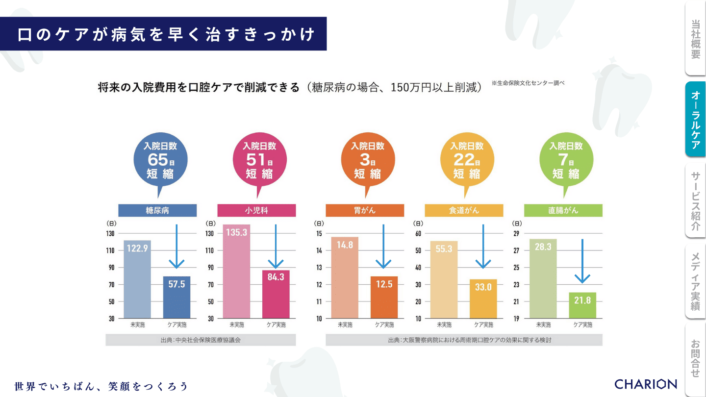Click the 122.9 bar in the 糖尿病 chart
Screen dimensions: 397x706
point(137,279)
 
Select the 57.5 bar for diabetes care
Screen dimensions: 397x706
point(176,297)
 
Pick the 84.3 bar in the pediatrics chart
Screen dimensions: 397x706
point(276,294)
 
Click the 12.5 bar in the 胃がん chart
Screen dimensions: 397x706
point(384,297)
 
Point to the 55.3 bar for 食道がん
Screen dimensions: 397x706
point(444,279)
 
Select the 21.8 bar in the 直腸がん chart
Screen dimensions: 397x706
point(582,305)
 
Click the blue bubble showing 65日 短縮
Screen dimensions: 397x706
point(160,160)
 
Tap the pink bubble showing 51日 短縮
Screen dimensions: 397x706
point(259,160)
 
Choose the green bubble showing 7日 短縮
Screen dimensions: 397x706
point(566,160)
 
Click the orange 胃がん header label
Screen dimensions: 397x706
point(365,210)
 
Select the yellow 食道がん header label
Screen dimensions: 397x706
point(464,210)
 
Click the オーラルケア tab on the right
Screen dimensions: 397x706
point(695,119)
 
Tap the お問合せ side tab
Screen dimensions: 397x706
point(695,358)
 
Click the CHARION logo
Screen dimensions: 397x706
point(646,384)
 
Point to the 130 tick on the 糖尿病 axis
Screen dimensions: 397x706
point(110,233)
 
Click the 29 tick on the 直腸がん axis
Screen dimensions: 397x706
point(516,233)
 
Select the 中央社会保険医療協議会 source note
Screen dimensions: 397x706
point(201,340)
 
